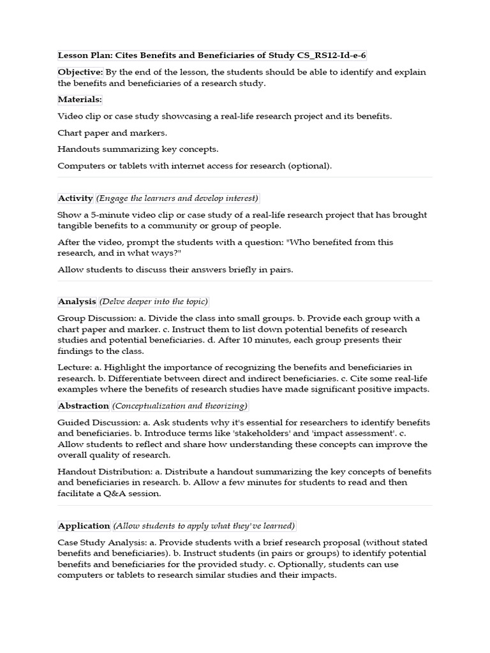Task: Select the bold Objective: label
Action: [x=80, y=72]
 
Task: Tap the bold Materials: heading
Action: [x=80, y=99]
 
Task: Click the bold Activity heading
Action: [x=75, y=198]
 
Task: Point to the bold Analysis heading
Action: [x=77, y=301]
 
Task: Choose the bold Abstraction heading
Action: [x=84, y=406]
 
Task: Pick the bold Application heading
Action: [x=84, y=525]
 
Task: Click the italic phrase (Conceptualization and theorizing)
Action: [x=180, y=406]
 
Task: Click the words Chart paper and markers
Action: [x=112, y=133]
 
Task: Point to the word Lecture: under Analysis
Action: [x=74, y=367]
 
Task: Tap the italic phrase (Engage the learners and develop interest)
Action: [x=177, y=198]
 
